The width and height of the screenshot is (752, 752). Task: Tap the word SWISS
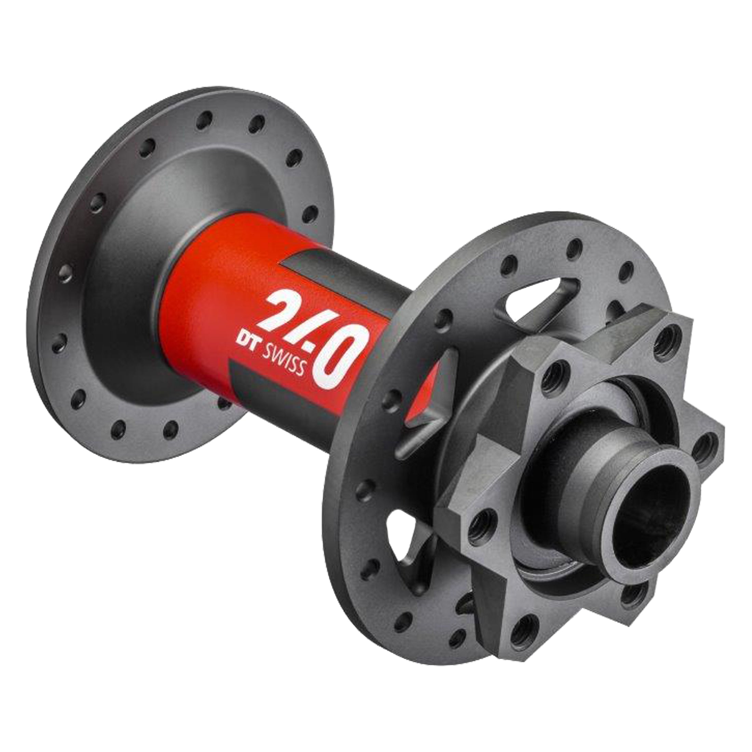[283, 359]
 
